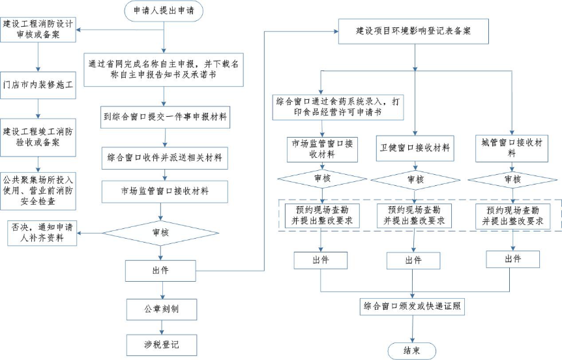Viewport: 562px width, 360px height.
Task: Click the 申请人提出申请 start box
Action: click(163, 10)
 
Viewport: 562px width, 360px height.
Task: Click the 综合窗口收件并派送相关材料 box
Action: click(164, 157)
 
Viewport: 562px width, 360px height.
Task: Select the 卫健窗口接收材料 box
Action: click(415, 148)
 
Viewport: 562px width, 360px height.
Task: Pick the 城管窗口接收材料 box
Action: click(512, 148)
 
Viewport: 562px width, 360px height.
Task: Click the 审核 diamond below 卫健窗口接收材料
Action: click(415, 179)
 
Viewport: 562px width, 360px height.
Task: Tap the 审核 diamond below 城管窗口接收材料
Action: click(512, 179)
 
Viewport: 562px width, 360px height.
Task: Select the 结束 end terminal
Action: click(412, 350)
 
